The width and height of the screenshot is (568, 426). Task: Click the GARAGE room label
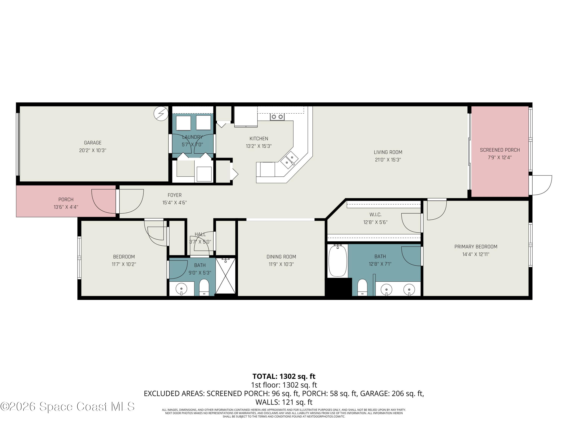pos(93,143)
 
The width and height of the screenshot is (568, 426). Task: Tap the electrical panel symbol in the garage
pos(161,113)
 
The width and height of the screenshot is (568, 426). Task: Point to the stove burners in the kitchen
pos(277,117)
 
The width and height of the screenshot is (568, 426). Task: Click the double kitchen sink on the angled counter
pos(289,159)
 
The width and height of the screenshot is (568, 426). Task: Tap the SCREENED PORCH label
pos(500,150)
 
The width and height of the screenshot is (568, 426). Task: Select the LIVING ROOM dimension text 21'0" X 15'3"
pos(388,160)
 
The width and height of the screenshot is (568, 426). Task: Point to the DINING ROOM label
pos(281,257)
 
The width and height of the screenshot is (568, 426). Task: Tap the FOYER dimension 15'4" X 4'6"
pos(175,203)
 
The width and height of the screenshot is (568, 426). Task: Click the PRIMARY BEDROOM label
pos(476,247)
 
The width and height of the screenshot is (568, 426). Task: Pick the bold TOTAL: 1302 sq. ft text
pos(284,376)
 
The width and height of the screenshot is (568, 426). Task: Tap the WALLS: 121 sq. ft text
pos(284,402)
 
